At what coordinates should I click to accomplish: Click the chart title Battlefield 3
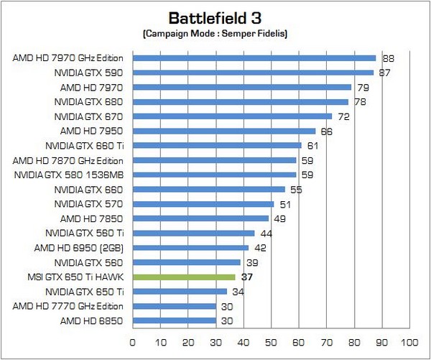(x=215, y=17)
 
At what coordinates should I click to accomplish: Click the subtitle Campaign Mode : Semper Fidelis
(x=215, y=34)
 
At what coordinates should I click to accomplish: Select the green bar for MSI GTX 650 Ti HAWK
(x=184, y=277)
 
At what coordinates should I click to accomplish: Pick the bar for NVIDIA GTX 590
(x=253, y=73)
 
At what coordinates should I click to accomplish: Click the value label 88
(x=388, y=58)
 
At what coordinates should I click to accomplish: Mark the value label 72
(x=344, y=116)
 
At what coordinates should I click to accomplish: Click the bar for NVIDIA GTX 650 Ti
(x=180, y=291)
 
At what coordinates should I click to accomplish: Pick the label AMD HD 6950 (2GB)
(x=80, y=247)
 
